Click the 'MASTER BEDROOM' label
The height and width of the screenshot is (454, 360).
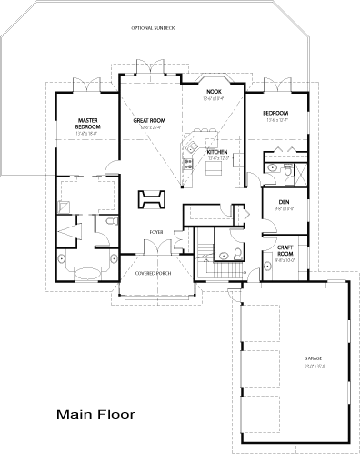(x=88, y=121)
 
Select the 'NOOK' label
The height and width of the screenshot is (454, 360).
(x=215, y=92)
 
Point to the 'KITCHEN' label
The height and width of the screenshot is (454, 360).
(x=216, y=152)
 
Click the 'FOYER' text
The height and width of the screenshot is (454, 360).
(x=156, y=231)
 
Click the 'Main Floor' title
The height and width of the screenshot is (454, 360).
(x=96, y=414)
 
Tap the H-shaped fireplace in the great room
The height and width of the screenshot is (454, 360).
(x=153, y=199)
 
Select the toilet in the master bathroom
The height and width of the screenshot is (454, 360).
(x=111, y=221)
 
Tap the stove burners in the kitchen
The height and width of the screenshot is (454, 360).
(x=187, y=166)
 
